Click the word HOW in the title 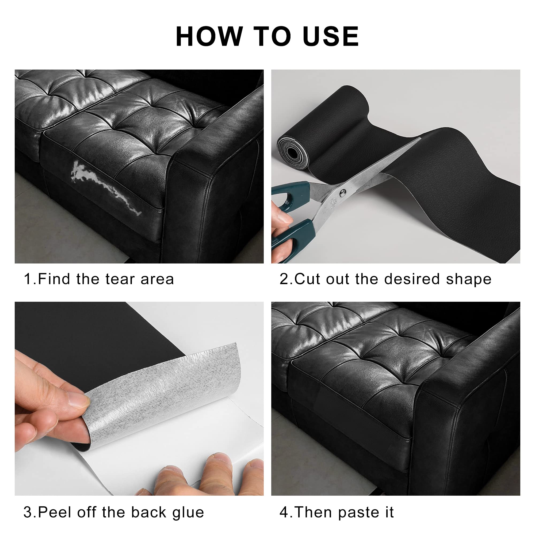click(x=209, y=37)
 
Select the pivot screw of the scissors click(x=343, y=193)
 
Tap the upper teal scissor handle click(x=291, y=194)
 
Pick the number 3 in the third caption click(x=28, y=512)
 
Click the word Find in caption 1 click(x=54, y=279)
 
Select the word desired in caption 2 click(x=412, y=279)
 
